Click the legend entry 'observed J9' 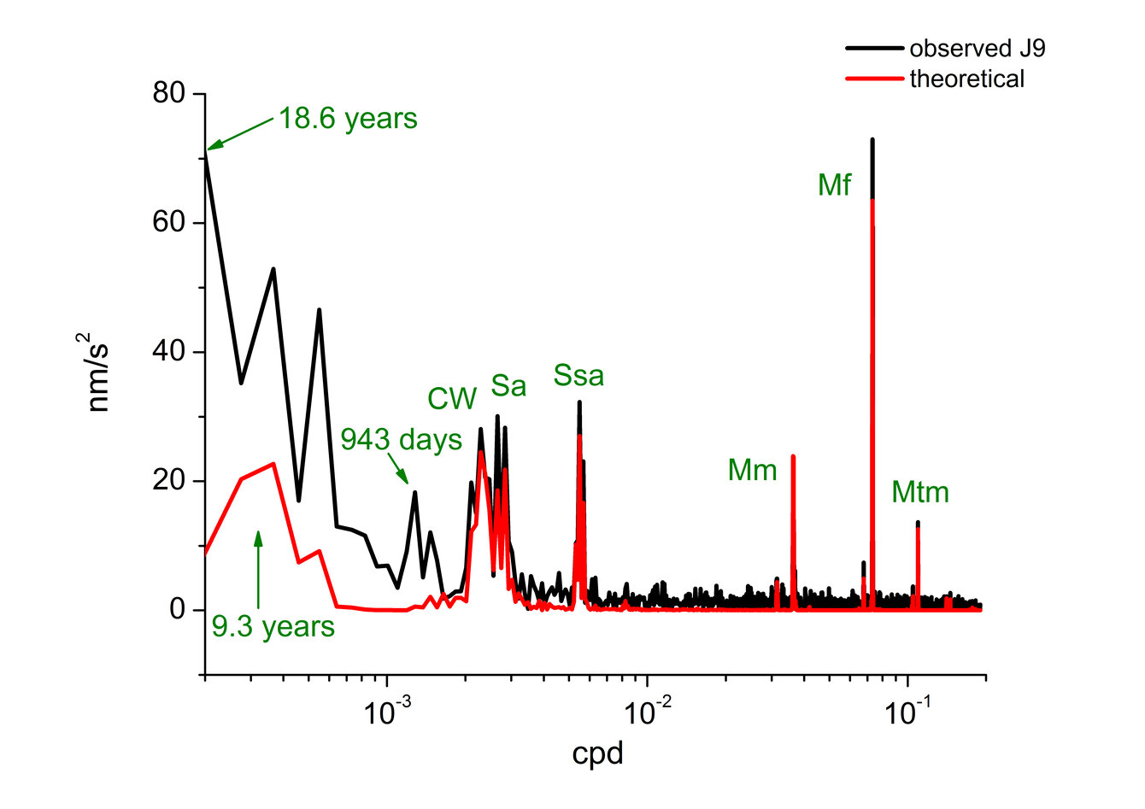pos(977,48)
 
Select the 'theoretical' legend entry pos(966,79)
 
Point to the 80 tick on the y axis pos(169,93)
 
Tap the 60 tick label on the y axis pos(169,222)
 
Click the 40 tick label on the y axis pos(169,351)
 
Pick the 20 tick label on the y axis pos(169,480)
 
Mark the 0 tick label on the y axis pos(178,609)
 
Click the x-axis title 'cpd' pos(597,754)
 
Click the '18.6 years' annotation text pos(348,119)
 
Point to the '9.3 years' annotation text pos(273,627)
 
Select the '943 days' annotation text pos(402,440)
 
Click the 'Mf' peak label pos(834,185)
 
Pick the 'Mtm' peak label pos(920,493)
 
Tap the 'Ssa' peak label pos(578,376)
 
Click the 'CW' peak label pos(452,399)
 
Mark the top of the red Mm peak pos(793,456)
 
